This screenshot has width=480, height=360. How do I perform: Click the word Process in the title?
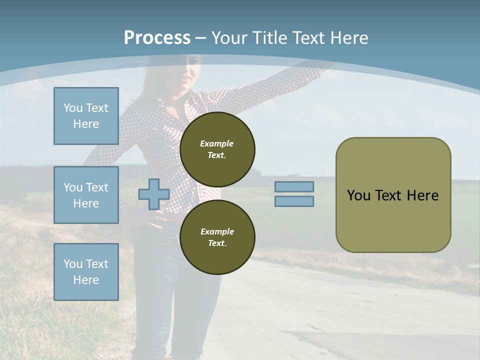pyautogui.click(x=157, y=38)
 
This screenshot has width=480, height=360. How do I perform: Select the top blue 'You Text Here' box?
pyautogui.click(x=86, y=116)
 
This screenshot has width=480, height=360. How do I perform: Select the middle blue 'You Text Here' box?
pyautogui.click(x=86, y=195)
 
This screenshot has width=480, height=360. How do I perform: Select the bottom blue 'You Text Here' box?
pyautogui.click(x=86, y=271)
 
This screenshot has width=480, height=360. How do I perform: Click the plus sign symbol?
pyautogui.click(x=154, y=194)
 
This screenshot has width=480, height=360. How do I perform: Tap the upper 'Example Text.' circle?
pyautogui.click(x=217, y=149)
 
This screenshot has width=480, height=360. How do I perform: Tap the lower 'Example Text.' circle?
pyautogui.click(x=217, y=237)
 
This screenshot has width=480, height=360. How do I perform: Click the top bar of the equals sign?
pyautogui.click(x=294, y=187)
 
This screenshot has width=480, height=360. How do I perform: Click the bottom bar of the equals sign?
pyautogui.click(x=294, y=201)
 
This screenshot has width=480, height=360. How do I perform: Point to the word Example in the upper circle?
pyautogui.click(x=216, y=143)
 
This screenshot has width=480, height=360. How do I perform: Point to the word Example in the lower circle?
pyautogui.click(x=217, y=231)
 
